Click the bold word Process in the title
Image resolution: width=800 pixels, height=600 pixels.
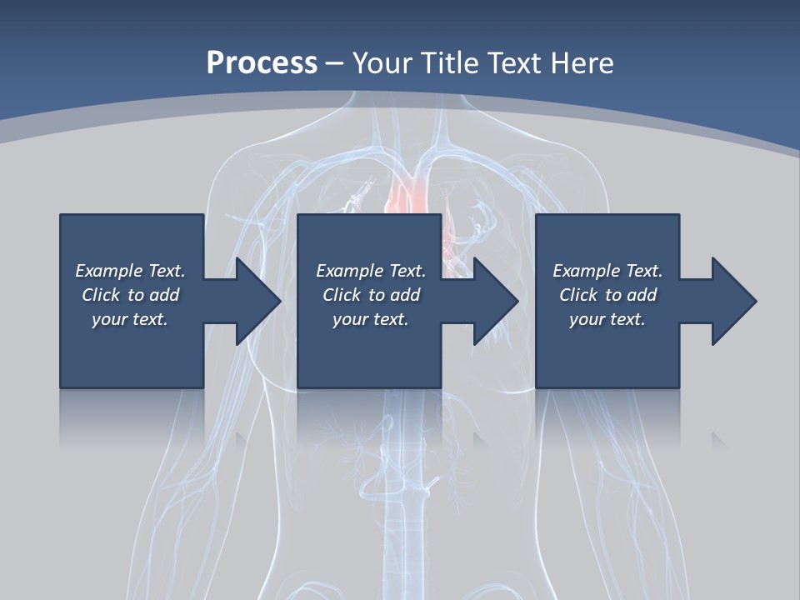point(262,63)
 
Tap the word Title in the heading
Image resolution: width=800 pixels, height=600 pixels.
point(449,63)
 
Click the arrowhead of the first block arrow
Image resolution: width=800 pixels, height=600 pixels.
point(258,301)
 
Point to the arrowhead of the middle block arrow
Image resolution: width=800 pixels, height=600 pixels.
point(497,301)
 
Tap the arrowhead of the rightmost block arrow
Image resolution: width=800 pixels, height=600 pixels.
point(734,301)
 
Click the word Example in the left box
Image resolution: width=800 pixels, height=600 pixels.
point(109,271)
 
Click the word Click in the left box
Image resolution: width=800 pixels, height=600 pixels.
point(101,295)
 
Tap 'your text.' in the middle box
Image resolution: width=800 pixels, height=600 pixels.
point(370,319)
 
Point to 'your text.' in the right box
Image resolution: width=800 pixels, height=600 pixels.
point(607,319)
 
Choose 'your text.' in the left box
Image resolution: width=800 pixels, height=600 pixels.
point(129,319)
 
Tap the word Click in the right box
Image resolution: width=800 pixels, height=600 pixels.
point(578,295)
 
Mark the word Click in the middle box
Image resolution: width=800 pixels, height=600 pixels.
point(342,295)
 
